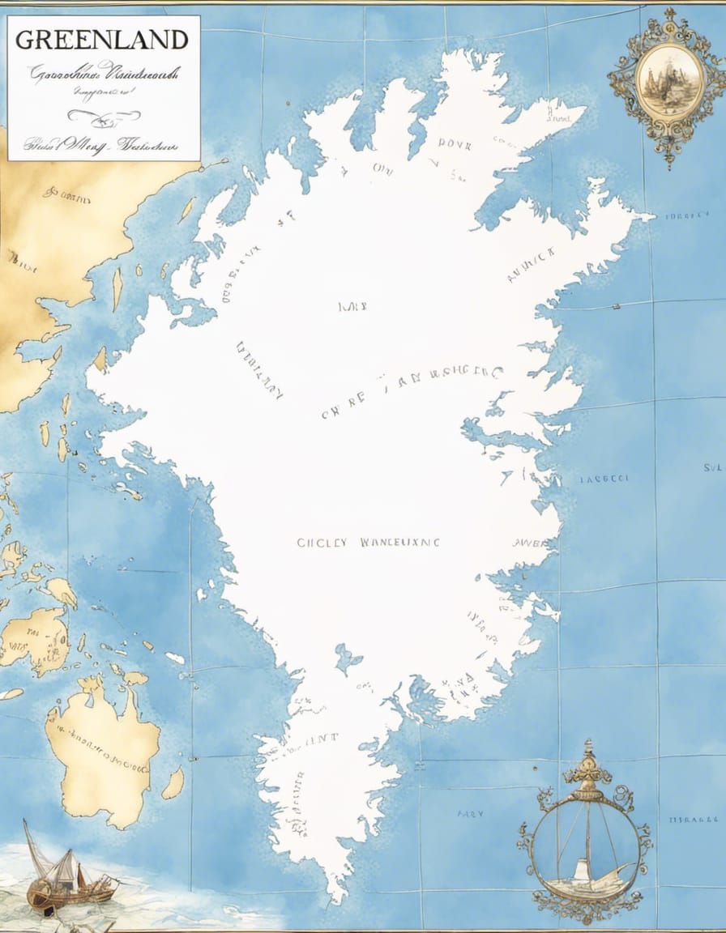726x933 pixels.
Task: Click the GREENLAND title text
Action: coord(102,39)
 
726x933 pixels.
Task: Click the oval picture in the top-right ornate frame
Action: coord(668,79)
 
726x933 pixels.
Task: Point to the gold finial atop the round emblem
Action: coord(588,758)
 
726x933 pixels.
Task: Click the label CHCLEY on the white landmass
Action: coord(322,543)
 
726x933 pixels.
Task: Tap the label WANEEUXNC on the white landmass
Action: coord(399,543)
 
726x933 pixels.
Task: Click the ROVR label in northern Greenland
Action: coord(455,143)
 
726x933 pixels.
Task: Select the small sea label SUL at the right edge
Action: coord(712,468)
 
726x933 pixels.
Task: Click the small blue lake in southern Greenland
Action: coord(348,658)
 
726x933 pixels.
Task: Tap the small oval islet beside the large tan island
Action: coord(173,783)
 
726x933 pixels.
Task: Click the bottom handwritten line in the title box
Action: coord(101,146)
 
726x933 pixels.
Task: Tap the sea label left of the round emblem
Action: coord(470,813)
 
